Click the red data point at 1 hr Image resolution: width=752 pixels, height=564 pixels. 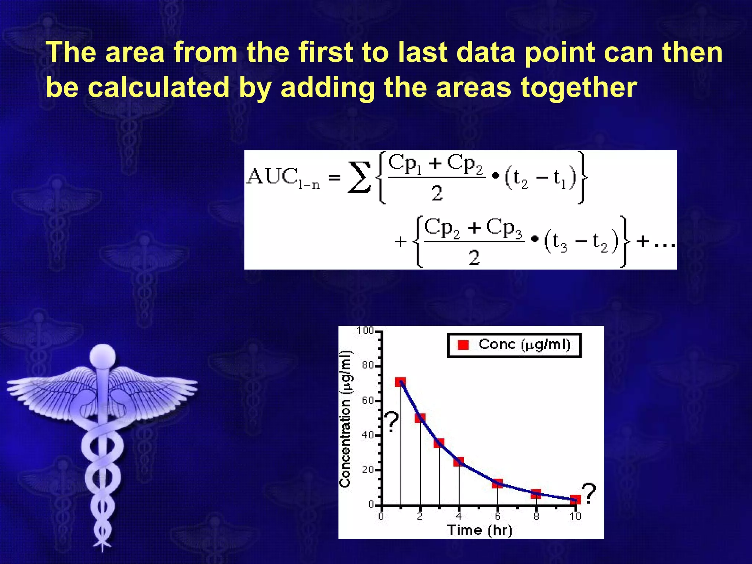[400, 382]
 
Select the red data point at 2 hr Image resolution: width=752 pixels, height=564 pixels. [420, 418]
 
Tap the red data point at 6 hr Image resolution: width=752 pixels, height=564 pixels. [497, 484]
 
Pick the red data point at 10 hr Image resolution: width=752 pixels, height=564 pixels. [575, 500]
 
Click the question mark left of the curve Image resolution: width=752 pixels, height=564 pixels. [392, 422]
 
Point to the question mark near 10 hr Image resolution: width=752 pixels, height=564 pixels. [589, 494]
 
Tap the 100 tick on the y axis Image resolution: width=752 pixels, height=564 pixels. [365, 330]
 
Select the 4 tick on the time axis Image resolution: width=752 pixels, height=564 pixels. [459, 517]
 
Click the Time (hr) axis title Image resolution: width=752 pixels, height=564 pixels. [479, 530]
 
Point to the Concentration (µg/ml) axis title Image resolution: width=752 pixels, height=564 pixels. [345, 419]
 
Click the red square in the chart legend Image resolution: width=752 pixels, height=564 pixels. [463, 345]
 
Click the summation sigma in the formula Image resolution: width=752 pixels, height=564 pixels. [359, 178]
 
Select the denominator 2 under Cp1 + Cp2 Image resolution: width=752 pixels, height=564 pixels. [437, 193]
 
